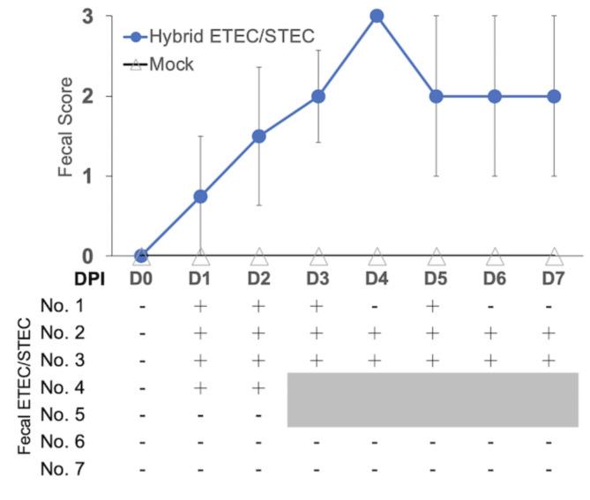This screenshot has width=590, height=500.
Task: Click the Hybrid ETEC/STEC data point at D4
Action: [377, 16]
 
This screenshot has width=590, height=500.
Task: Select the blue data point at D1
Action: [200, 196]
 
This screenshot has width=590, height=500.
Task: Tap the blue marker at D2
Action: [259, 136]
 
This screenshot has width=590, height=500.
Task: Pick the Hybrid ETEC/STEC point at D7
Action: [554, 96]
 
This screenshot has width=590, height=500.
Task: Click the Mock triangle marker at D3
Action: [318, 257]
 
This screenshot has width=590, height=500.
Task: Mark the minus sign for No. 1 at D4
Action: [377, 306]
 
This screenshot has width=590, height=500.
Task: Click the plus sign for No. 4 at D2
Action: [259, 386]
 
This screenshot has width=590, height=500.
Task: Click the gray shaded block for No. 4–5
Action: [432, 399]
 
